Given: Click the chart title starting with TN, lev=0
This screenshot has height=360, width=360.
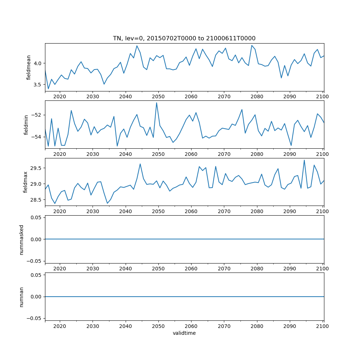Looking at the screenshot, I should pos(184,39).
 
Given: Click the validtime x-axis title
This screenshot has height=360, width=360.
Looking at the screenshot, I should pos(184,333).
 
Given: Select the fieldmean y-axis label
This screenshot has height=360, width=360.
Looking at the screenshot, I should pos(29,67).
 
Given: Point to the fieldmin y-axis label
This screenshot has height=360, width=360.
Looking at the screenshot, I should pos(26,125).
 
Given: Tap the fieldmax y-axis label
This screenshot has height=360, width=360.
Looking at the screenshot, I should pos(26,182).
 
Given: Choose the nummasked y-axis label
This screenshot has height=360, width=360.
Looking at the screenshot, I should pos(22,239).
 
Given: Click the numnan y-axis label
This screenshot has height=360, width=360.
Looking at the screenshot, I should pos(22,297).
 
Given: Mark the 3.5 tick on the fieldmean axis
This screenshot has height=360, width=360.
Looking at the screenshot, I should pos(37,85).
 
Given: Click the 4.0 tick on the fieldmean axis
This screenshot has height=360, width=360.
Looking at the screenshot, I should pos(37,63).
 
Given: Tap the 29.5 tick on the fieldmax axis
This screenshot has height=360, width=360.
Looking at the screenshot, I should pos(36,168).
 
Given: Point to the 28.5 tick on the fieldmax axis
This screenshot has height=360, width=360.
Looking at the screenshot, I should pos(36,200).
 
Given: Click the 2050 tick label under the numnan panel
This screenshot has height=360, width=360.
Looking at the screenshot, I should pos(158,326).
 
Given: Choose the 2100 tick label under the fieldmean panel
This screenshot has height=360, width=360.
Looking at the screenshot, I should pos(323,96).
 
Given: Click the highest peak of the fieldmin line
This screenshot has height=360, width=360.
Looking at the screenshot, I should pos(157,103).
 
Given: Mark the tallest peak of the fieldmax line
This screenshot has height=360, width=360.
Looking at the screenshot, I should pos(304,160).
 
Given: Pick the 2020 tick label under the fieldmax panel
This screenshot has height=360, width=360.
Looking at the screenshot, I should pos(60,211).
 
